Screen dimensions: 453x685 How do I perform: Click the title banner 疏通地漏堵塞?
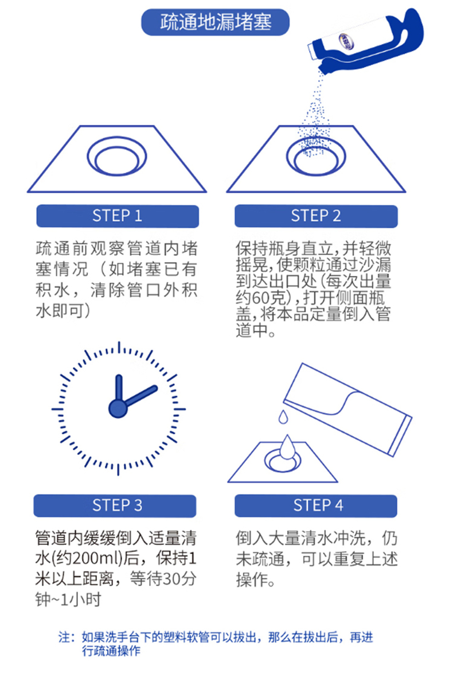click(215, 22)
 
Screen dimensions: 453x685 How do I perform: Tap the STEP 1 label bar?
click(118, 216)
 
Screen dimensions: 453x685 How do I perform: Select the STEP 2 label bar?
click(316, 216)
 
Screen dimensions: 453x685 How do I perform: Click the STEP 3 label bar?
click(115, 505)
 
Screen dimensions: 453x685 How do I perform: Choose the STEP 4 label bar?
click(316, 505)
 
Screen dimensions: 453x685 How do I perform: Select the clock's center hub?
click(118, 408)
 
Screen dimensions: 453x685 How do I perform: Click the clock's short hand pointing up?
click(118, 389)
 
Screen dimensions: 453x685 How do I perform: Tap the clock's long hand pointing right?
click(140, 396)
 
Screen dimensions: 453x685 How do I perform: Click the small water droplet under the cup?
click(283, 417)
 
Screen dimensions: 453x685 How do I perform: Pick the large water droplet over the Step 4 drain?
click(287, 446)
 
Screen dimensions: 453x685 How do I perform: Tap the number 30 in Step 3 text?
click(171, 579)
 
